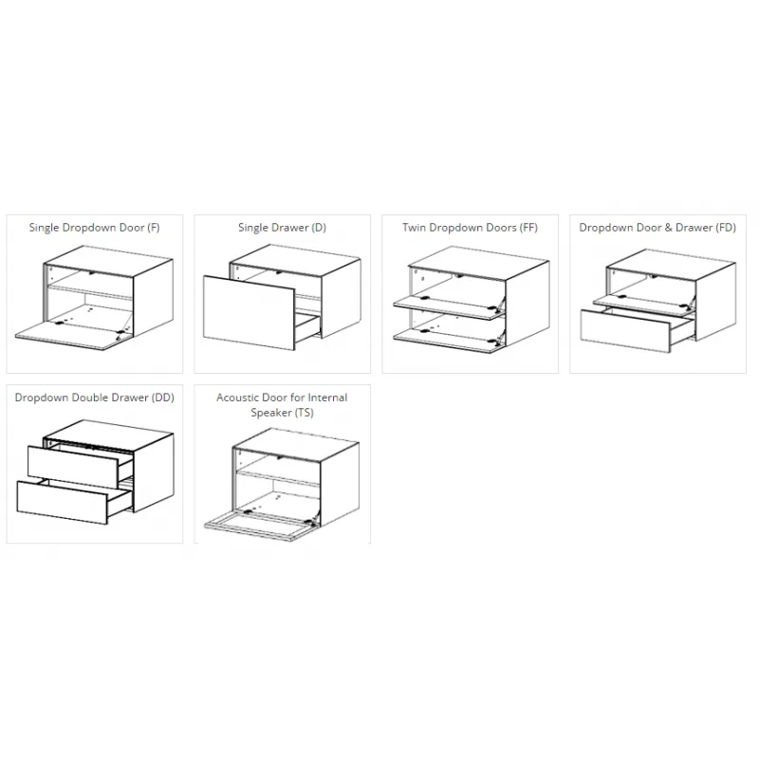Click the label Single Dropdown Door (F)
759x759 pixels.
click(94, 228)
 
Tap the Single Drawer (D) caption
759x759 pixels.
click(282, 228)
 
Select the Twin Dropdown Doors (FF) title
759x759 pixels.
click(470, 228)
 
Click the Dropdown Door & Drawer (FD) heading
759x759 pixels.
click(657, 228)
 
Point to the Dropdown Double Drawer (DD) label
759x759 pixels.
click(94, 398)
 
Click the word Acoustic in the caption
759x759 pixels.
click(235, 398)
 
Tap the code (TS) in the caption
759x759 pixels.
click(303, 413)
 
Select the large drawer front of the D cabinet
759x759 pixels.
click(249, 312)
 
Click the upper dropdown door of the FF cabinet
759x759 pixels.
click(448, 307)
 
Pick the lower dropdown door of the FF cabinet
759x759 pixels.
click(448, 341)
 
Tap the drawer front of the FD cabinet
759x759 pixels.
click(625, 331)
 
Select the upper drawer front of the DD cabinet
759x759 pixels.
click(73, 467)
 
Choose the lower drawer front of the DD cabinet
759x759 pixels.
click(62, 503)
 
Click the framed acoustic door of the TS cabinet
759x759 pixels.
click(260, 527)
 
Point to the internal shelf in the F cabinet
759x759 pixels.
click(89, 292)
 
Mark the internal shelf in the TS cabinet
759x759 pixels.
click(278, 478)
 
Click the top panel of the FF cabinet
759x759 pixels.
click(478, 264)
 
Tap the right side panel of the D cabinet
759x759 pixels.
click(341, 298)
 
